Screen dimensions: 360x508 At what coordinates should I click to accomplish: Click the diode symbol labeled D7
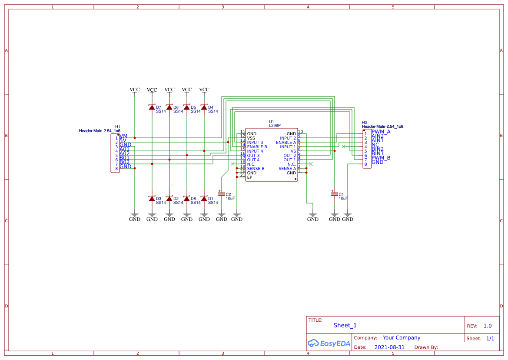(152, 107)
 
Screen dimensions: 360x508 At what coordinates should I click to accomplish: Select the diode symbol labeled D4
(204, 107)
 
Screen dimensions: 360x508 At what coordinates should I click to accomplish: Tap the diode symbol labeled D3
(152, 198)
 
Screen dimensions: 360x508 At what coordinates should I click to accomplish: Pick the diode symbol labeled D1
(204, 198)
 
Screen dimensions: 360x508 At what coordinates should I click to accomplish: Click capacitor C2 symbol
(222, 193)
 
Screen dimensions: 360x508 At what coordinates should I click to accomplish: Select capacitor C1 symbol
(334, 194)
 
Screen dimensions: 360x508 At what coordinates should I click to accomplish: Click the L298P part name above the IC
(275, 125)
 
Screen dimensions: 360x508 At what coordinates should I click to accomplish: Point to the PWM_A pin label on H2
(381, 132)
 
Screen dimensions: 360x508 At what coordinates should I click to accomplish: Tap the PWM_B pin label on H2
(381, 158)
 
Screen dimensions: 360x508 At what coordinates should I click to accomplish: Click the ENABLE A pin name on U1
(286, 143)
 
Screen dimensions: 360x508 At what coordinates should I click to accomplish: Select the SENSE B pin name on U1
(256, 169)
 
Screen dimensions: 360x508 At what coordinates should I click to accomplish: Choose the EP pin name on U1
(249, 177)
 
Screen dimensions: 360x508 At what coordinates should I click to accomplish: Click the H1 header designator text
(117, 127)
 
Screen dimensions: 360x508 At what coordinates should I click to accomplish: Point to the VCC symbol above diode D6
(169, 90)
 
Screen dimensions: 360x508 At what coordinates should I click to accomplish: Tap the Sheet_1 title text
(345, 325)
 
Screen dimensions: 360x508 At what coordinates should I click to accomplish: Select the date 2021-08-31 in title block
(389, 347)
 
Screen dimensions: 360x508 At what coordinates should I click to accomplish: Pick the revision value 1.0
(487, 326)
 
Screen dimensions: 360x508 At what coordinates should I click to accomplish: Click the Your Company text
(401, 338)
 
